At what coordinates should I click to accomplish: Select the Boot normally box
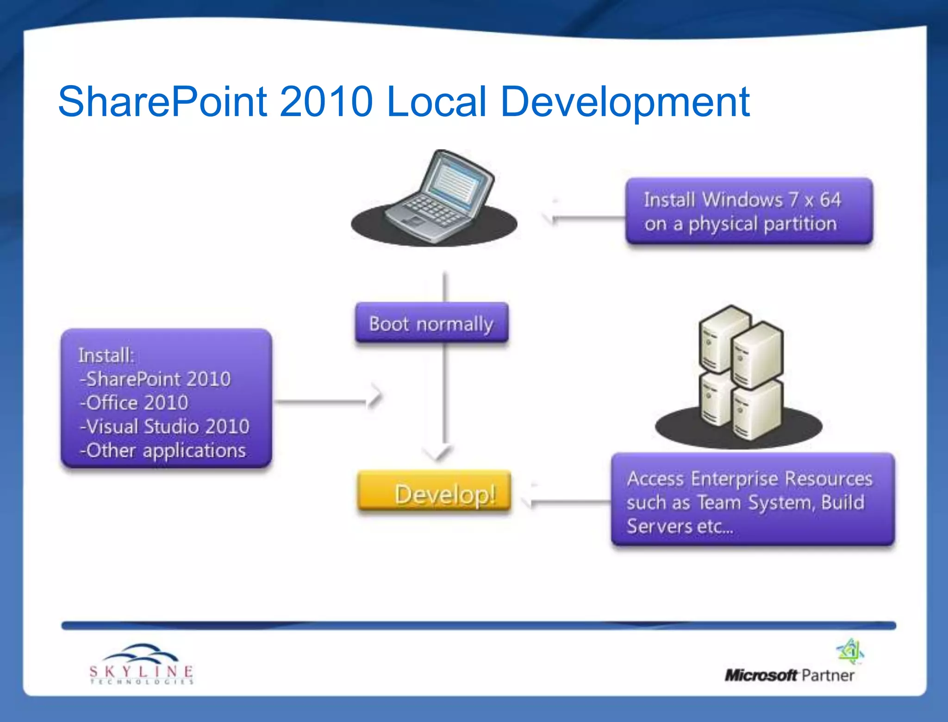pos(431,324)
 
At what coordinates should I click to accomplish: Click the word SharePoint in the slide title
pos(162,102)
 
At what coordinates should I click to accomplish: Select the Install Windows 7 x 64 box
pos(748,212)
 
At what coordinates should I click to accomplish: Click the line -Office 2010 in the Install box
pos(134,403)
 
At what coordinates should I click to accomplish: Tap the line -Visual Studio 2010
pos(165,426)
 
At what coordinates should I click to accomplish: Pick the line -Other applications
pos(162,450)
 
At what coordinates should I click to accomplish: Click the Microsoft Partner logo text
pos(789,675)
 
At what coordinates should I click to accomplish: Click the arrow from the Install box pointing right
pos(329,401)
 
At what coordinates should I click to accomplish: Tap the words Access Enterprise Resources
pos(749,479)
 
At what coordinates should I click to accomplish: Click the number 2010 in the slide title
pos(326,102)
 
